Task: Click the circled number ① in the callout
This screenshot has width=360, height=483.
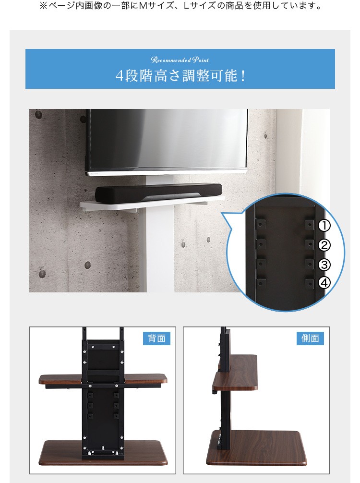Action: tap(324, 226)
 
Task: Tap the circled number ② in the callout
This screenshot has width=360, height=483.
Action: tap(324, 245)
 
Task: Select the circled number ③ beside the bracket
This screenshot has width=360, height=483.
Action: tap(324, 265)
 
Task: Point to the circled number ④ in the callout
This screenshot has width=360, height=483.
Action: tap(324, 283)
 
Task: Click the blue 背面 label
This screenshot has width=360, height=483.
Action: tap(157, 338)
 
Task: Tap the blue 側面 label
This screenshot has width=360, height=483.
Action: tap(310, 338)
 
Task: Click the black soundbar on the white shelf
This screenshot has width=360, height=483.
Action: tap(158, 193)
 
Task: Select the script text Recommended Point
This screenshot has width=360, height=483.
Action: tap(180, 60)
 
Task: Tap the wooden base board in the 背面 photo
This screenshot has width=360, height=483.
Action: tap(103, 452)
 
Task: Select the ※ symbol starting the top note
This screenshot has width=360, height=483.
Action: tap(43, 6)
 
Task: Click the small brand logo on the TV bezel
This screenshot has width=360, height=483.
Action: tap(94, 174)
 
